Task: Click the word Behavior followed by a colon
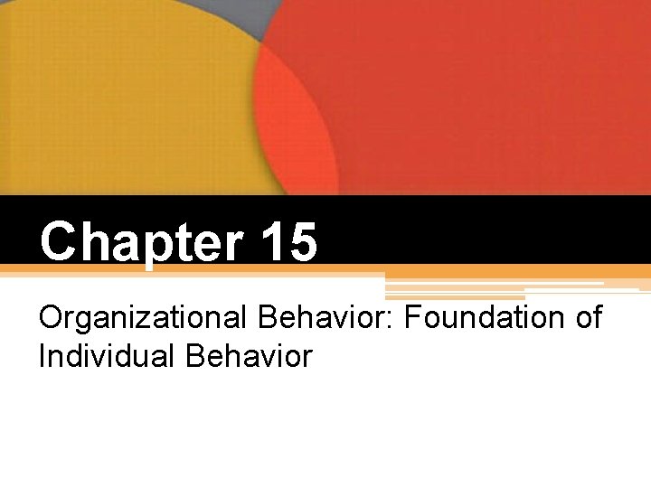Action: tap(295, 319)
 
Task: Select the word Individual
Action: tap(107, 356)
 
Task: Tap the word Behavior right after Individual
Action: tap(248, 356)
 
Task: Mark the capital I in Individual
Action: tap(42, 356)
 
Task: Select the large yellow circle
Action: tap(118, 99)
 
